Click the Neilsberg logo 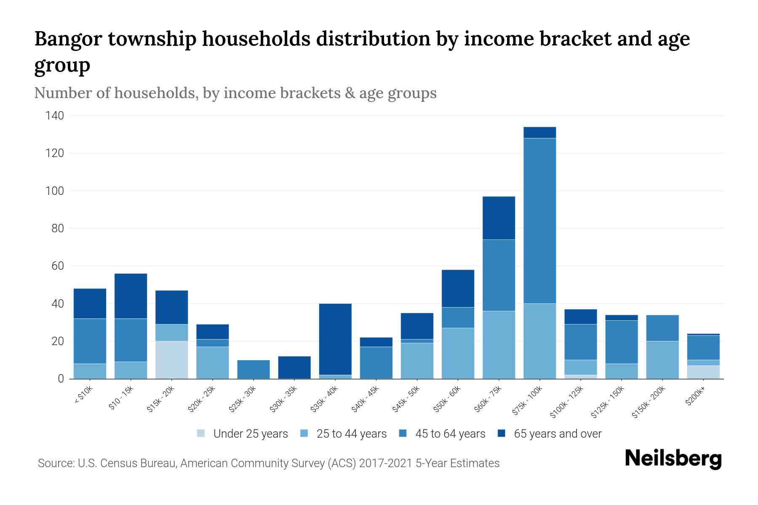coord(673,459)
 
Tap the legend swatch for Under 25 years coord(201,433)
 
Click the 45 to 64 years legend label coord(450,434)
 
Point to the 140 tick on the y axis coord(55,116)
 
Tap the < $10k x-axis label coord(83,396)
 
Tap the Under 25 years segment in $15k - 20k coord(171,360)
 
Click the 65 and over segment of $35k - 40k coord(335,339)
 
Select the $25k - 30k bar coord(254,369)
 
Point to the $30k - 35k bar coord(294,367)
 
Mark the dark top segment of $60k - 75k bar coord(499,218)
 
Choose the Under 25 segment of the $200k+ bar coord(703,372)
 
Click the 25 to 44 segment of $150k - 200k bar coord(662,360)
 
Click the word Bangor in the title coord(67,39)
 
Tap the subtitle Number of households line coord(235,93)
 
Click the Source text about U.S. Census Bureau coord(268,463)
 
